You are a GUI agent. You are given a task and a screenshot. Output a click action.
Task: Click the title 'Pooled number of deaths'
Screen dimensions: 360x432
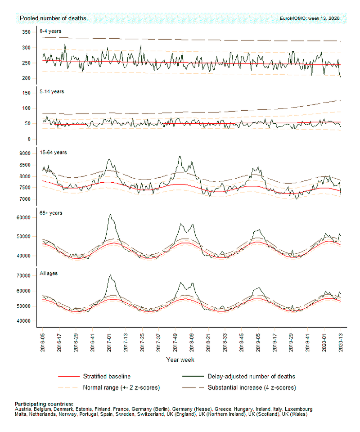(x=53, y=18)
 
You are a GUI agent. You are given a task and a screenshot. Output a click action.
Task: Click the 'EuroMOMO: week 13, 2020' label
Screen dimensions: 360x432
(x=310, y=18)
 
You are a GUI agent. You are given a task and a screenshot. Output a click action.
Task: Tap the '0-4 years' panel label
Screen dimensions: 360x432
(x=50, y=31)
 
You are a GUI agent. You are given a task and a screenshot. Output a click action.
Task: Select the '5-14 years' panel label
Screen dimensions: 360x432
(x=52, y=91)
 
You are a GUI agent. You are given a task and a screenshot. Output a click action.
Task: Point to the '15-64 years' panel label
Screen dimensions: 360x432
(x=53, y=153)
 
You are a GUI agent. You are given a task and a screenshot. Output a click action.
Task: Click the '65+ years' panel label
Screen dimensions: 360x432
(x=51, y=213)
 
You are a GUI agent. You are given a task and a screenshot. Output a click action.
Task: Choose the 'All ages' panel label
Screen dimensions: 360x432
(x=49, y=273)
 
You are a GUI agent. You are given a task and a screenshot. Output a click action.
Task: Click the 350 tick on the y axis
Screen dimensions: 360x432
(x=26, y=32)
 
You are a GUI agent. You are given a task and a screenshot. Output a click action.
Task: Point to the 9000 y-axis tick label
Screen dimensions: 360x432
(x=25, y=153)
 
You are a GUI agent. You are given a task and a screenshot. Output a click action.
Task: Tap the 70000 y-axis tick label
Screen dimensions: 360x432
(x=24, y=276)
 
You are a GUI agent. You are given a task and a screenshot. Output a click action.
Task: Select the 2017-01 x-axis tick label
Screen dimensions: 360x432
(x=109, y=343)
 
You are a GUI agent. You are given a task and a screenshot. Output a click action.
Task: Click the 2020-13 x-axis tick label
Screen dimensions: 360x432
(x=341, y=343)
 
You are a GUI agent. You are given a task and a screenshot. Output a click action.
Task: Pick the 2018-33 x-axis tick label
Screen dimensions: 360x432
(x=225, y=343)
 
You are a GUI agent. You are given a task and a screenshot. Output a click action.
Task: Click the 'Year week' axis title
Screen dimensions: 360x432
(x=180, y=360)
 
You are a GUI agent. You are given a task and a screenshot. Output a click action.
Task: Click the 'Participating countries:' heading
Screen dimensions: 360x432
(x=44, y=404)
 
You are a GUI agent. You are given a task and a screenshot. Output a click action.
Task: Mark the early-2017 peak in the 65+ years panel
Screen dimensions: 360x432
(x=110, y=215)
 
